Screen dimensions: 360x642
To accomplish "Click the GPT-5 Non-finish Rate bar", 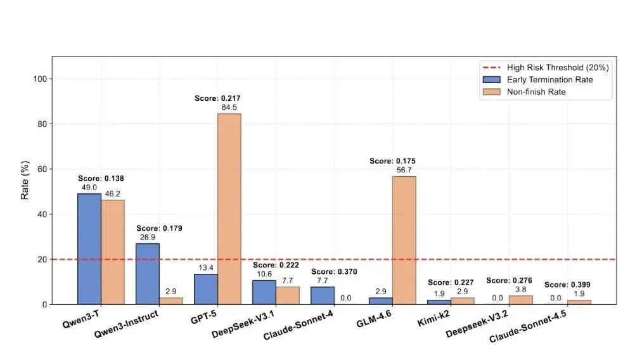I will pos(229,209).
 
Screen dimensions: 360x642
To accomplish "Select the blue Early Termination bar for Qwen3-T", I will pos(89,249).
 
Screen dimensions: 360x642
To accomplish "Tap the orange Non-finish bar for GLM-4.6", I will pos(404,240).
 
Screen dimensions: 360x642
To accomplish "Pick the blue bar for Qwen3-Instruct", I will pos(148,274).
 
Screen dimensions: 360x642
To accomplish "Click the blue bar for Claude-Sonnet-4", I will pos(323,295).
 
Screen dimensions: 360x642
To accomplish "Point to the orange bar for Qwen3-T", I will pos(113,252).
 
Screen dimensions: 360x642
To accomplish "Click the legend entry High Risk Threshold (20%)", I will pos(549,67).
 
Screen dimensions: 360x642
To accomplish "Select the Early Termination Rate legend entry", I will pos(549,79).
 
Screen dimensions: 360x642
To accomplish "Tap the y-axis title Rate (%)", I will pos(25,180).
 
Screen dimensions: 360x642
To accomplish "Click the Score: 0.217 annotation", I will pos(217,98).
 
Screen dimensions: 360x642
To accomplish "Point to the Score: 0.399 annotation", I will pos(567,285).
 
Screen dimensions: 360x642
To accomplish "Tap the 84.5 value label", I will pos(229,107).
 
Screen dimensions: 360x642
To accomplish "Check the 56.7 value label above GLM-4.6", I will pos(404,170).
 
